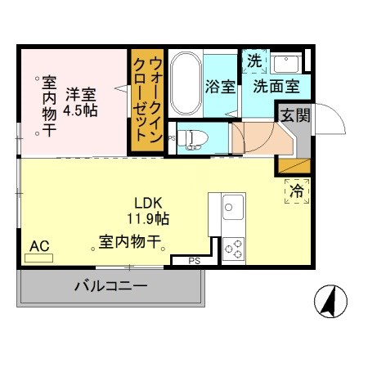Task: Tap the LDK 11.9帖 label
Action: click(x=147, y=210)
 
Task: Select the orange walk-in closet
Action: click(x=146, y=101)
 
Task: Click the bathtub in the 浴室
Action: click(x=185, y=84)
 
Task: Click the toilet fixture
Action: click(x=190, y=137)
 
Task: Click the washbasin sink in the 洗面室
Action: click(x=286, y=63)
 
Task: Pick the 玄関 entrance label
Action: click(x=296, y=116)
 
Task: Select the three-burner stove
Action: click(x=233, y=247)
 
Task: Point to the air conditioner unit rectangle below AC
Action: click(x=38, y=258)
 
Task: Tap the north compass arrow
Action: click(x=328, y=303)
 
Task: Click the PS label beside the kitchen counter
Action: click(x=194, y=261)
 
